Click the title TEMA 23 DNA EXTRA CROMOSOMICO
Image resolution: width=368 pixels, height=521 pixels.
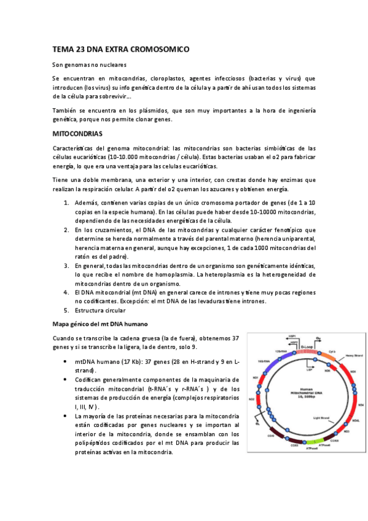(120, 49)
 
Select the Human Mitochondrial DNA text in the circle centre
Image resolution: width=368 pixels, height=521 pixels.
(301, 393)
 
